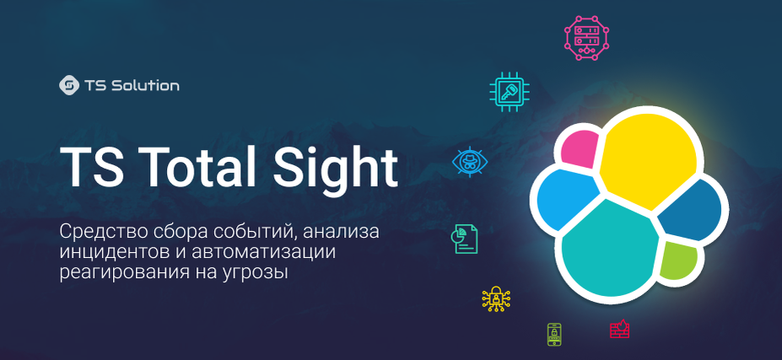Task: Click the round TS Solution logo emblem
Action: (x=69, y=85)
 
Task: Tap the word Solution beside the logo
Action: (x=145, y=86)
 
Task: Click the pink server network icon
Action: (x=587, y=38)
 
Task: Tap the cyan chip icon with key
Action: (x=510, y=92)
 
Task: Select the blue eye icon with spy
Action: (x=470, y=162)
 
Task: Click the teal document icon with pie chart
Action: (x=464, y=239)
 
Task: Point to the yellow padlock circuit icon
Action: (x=496, y=299)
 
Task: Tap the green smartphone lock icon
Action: (x=554, y=334)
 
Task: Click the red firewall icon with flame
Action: (x=620, y=329)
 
